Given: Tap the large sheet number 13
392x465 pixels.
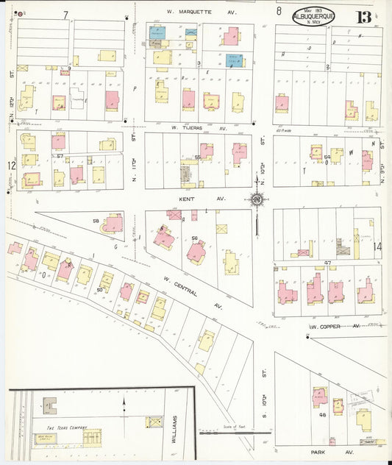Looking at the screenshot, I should (363, 17).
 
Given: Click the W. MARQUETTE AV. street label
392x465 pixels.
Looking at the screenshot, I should (198, 12).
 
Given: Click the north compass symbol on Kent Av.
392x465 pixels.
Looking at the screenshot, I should (257, 199).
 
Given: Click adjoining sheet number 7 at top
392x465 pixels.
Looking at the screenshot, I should (65, 14).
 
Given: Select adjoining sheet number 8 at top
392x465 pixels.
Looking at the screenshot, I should (279, 11).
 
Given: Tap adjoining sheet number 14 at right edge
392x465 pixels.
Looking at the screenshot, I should (378, 246).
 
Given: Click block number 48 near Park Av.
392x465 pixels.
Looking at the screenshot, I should (322, 414).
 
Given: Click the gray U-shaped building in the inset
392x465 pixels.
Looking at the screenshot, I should (50, 404).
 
